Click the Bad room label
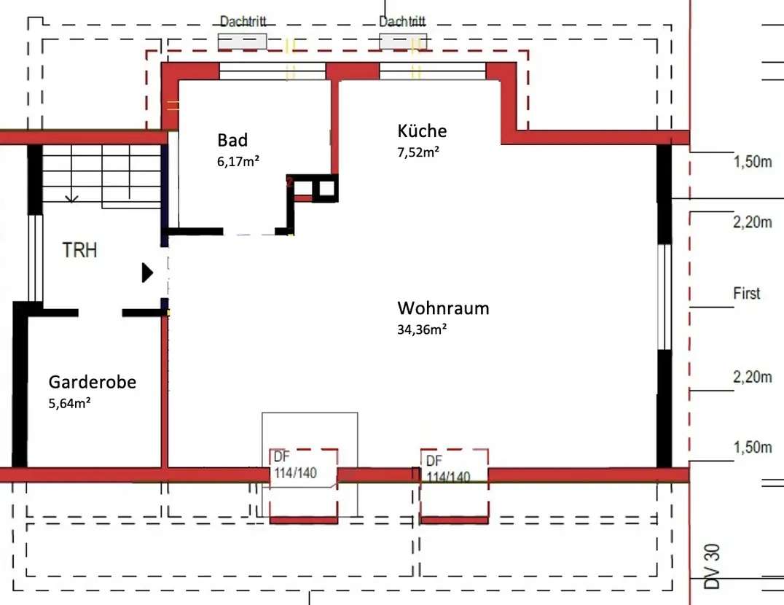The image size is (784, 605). click(x=232, y=140)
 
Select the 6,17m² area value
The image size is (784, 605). click(x=238, y=162)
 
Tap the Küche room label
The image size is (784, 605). click(x=422, y=131)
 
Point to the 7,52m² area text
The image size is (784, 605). click(x=418, y=152)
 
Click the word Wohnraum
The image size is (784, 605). click(x=443, y=308)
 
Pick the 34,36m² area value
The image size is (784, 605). click(x=422, y=329)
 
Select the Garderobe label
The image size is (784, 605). click(x=93, y=382)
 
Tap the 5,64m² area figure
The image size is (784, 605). click(x=69, y=403)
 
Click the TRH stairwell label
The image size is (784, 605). click(x=79, y=251)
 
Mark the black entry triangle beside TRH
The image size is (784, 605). click(x=147, y=273)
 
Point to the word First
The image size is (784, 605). click(x=746, y=294)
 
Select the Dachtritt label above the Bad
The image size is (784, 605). click(x=243, y=21)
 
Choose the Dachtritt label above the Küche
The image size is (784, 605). click(x=402, y=21)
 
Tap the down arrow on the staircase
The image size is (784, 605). click(x=71, y=198)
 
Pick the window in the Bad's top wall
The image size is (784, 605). click(x=273, y=71)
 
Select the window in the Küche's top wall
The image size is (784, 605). click(x=432, y=71)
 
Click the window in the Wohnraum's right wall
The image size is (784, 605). click(x=664, y=297)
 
